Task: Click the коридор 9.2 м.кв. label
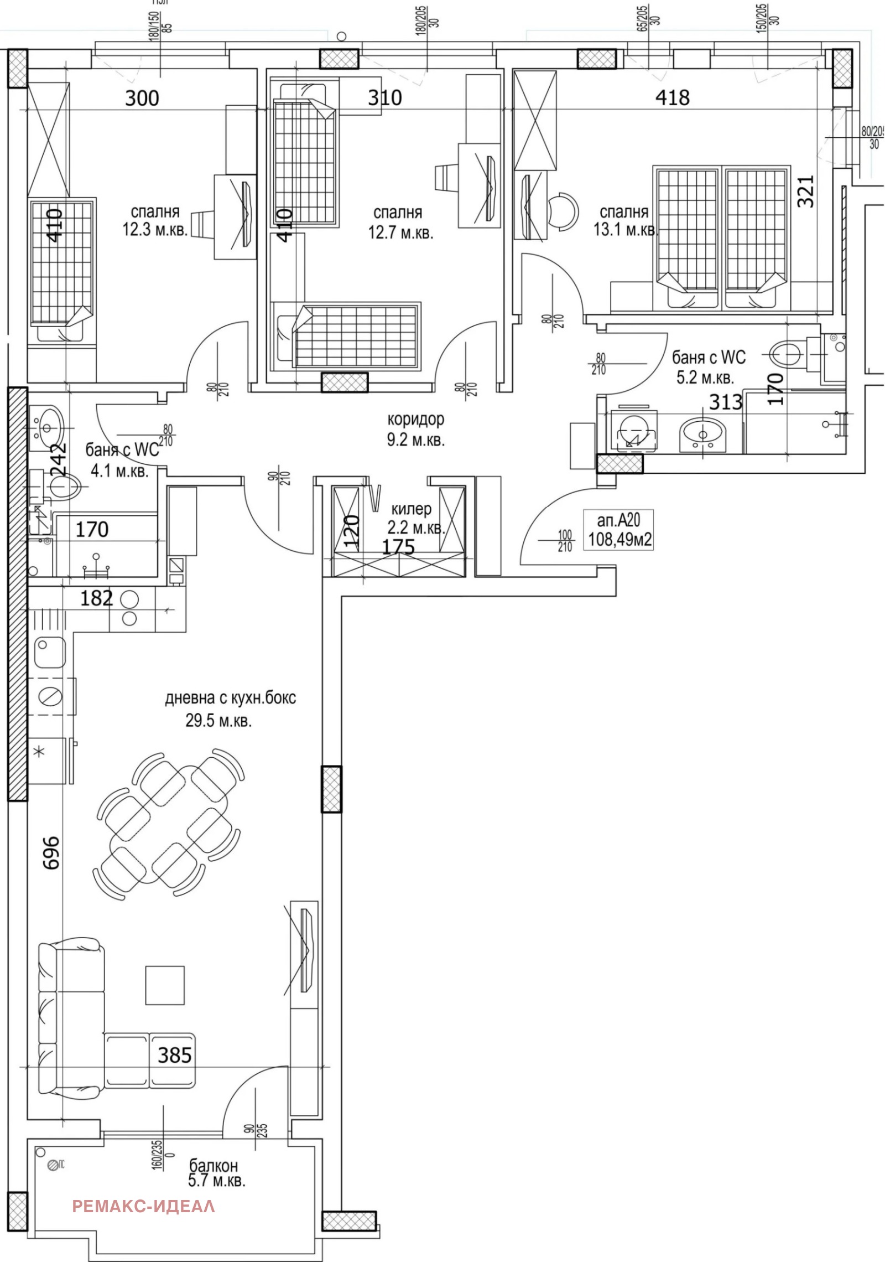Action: [416, 430]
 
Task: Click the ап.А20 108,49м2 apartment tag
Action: [620, 530]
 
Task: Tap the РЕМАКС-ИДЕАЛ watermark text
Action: [144, 1206]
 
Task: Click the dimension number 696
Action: [51, 852]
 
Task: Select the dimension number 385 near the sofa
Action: [175, 1056]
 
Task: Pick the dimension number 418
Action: [673, 98]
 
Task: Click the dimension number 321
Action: [806, 191]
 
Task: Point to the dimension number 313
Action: [725, 402]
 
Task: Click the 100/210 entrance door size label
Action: [564, 541]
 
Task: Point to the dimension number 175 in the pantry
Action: [399, 547]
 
